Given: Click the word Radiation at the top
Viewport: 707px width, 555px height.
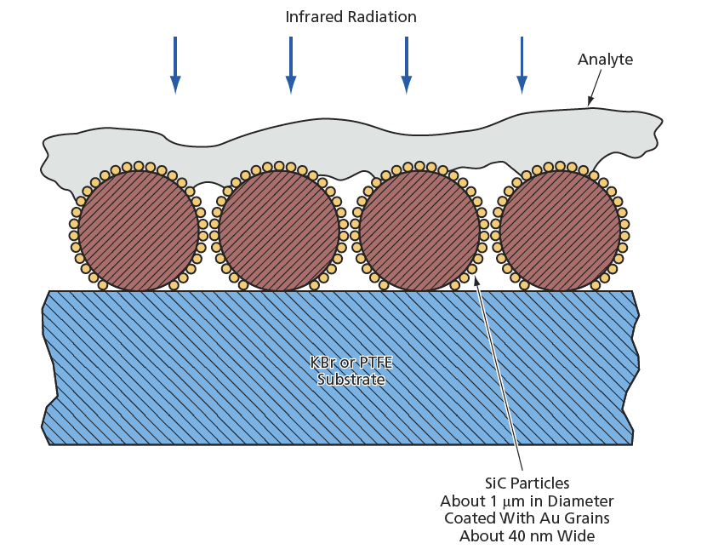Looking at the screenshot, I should point(384,17).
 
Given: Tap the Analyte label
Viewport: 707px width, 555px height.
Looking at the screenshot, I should point(605,60).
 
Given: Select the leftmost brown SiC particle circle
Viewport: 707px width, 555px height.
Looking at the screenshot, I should point(138,229).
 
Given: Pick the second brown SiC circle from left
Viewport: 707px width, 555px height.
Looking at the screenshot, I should point(278,229).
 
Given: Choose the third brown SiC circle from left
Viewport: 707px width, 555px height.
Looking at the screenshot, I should point(419,229).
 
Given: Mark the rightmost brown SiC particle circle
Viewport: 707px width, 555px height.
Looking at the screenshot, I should point(559,229).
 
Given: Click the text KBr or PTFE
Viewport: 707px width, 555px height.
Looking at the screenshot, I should point(351,363).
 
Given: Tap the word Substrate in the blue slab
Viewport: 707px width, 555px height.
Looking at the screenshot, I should point(351,379).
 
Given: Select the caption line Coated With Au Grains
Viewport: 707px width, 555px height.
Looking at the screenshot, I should point(527,518).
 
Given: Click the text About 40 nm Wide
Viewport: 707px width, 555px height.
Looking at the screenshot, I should point(527,535).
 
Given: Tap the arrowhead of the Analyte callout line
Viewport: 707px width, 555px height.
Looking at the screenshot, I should point(589,103).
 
